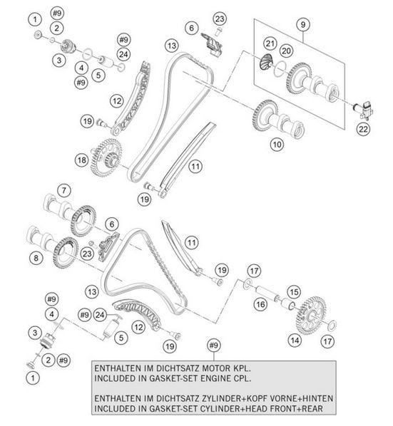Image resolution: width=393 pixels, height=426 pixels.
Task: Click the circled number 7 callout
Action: (x=64, y=190)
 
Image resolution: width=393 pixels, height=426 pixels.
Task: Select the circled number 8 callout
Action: (x=36, y=258)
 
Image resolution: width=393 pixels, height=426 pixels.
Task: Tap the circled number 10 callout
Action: (x=277, y=145)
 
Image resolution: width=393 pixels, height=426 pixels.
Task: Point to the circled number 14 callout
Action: (x=295, y=341)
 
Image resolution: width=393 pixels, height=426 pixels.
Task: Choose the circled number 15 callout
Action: (x=294, y=292)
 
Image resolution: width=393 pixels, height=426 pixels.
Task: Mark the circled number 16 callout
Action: (x=260, y=304)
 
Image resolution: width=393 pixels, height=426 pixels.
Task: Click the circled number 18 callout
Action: (x=82, y=160)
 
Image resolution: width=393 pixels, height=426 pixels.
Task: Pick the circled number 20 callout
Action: (x=286, y=51)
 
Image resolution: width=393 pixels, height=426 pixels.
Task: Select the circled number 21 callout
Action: (x=270, y=43)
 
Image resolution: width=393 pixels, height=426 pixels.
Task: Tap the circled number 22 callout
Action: (x=363, y=129)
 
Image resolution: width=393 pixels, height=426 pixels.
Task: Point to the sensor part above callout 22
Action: (x=364, y=110)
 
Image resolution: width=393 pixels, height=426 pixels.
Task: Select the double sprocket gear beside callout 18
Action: (x=106, y=157)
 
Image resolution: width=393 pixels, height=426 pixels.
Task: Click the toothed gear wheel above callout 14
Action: (x=310, y=316)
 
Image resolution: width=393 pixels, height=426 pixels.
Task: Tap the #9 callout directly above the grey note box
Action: (x=214, y=346)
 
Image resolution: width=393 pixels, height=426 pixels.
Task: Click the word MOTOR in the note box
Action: (x=215, y=369)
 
